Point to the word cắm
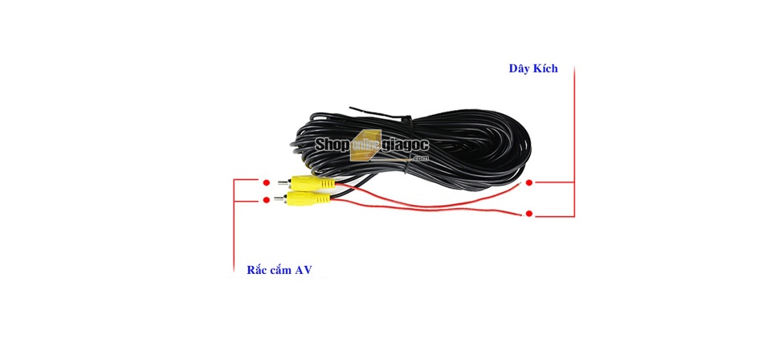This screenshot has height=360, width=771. (x=281, y=271)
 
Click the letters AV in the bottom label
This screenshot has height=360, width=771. (x=304, y=270)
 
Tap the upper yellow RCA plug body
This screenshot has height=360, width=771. (x=312, y=183)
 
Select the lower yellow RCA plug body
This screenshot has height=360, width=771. (x=309, y=198)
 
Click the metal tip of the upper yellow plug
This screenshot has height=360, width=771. (x=284, y=183)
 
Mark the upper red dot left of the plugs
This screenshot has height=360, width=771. (x=266, y=182)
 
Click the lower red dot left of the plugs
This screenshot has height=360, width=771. (x=266, y=199)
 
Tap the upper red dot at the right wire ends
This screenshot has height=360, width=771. (x=529, y=182)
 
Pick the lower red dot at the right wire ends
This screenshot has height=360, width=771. (x=529, y=214)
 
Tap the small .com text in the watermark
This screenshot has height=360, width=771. (x=421, y=158)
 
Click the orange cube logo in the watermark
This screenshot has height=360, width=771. (x=366, y=145)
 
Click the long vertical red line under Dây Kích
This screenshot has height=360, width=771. (x=573, y=142)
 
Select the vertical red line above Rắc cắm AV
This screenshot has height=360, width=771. (x=234, y=225)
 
